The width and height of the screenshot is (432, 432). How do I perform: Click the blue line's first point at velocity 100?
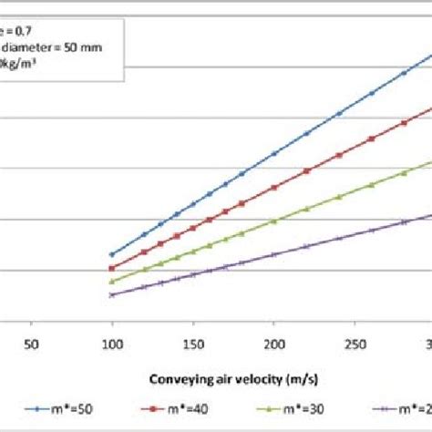[112, 254]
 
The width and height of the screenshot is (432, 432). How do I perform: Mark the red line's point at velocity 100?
[112, 268]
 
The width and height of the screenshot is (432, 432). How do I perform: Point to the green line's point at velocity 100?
[112, 282]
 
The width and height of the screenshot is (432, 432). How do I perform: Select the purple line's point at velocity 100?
[112, 294]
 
